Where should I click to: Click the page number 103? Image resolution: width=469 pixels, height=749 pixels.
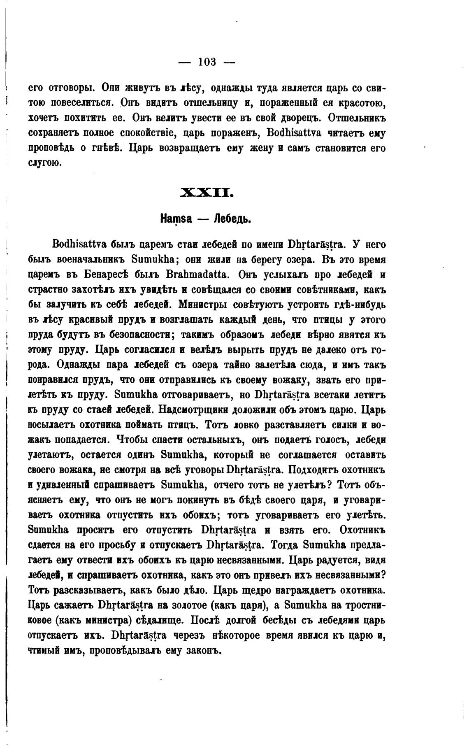(207, 62)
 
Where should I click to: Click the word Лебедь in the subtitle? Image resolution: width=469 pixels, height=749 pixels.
(232, 219)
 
